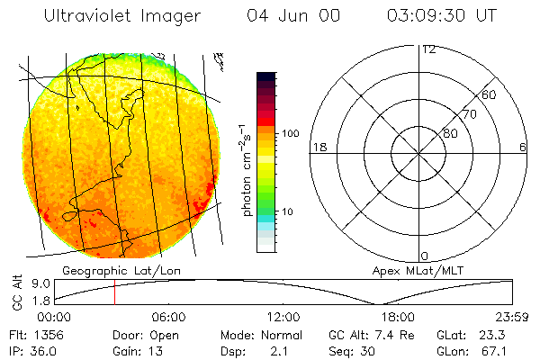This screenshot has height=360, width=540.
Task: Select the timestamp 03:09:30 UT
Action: click(x=441, y=16)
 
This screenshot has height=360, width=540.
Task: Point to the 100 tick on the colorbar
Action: click(x=289, y=133)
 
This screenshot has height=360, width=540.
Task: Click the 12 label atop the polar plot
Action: click(x=428, y=49)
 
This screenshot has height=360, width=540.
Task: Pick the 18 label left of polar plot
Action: click(x=318, y=147)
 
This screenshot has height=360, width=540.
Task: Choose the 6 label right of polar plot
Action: click(x=523, y=147)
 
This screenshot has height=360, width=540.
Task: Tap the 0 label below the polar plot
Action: click(x=425, y=256)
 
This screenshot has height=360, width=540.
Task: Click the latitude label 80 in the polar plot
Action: click(x=450, y=133)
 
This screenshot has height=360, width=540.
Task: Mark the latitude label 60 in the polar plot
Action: click(x=489, y=94)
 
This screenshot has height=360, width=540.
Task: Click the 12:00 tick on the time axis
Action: click(x=283, y=317)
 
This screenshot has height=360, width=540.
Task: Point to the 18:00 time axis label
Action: click(x=398, y=317)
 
